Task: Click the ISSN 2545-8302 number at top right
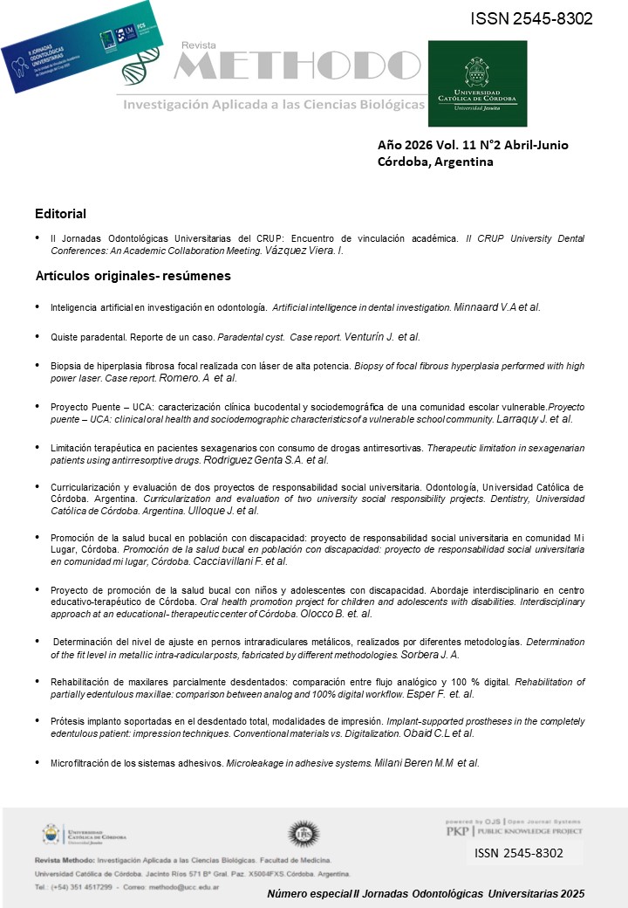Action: (x=531, y=18)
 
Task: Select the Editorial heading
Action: (x=60, y=214)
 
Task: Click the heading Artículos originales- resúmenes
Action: (x=133, y=276)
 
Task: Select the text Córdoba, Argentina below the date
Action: (x=435, y=162)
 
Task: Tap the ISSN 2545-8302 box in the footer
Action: (x=520, y=854)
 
